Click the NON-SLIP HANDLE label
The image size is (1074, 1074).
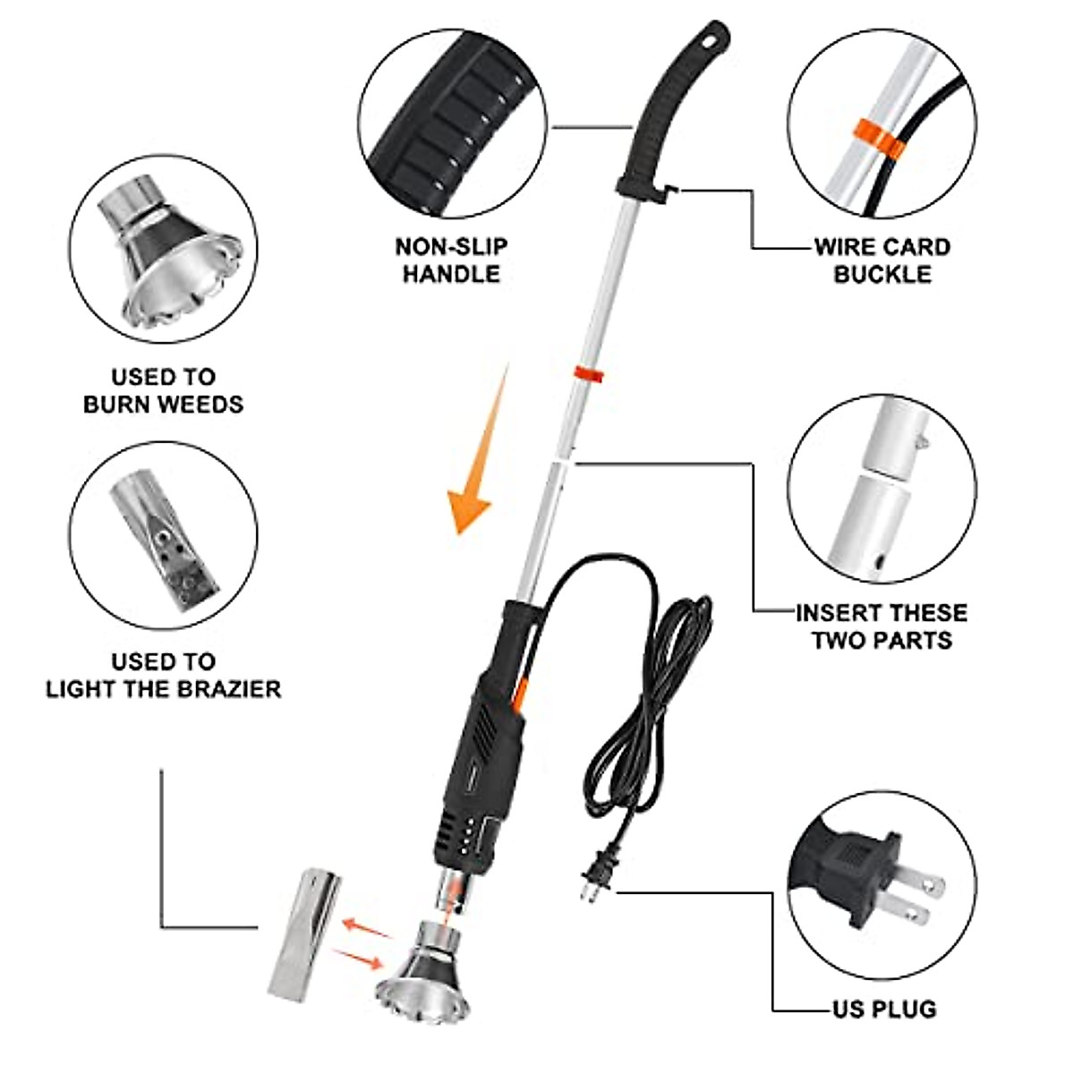click(451, 260)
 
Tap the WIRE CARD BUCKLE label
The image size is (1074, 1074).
click(882, 260)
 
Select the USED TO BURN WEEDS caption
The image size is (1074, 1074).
click(163, 391)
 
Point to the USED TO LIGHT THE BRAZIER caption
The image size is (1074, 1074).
click(163, 676)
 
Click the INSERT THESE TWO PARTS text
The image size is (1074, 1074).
click(882, 626)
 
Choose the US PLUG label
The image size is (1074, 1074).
click(884, 1009)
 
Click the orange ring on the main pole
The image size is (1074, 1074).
click(588, 373)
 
